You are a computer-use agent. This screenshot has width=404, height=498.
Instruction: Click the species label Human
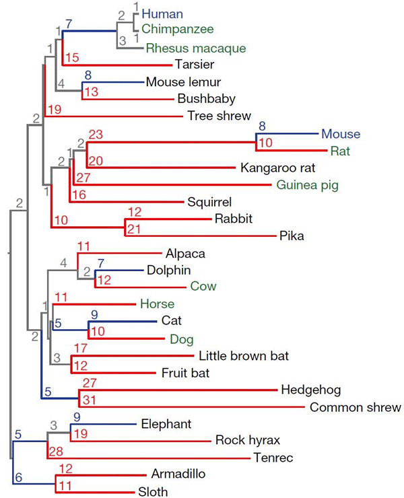point(163,13)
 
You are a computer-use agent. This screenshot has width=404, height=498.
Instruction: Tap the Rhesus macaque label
point(196,48)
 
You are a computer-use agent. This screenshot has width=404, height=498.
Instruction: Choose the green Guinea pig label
point(307,185)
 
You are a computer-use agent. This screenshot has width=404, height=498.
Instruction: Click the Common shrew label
point(356,407)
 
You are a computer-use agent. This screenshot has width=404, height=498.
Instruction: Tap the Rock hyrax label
point(247,441)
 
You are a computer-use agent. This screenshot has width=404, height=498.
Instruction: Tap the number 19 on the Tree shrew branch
point(55,109)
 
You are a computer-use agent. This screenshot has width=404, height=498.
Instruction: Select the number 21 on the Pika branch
point(135,229)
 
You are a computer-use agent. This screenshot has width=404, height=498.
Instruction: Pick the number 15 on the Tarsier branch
point(72,57)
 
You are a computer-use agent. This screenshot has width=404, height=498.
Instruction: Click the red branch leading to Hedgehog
point(182,390)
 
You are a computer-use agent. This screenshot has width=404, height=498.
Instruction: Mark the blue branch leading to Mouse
point(283,133)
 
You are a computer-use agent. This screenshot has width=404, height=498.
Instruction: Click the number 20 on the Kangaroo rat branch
point(96,160)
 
